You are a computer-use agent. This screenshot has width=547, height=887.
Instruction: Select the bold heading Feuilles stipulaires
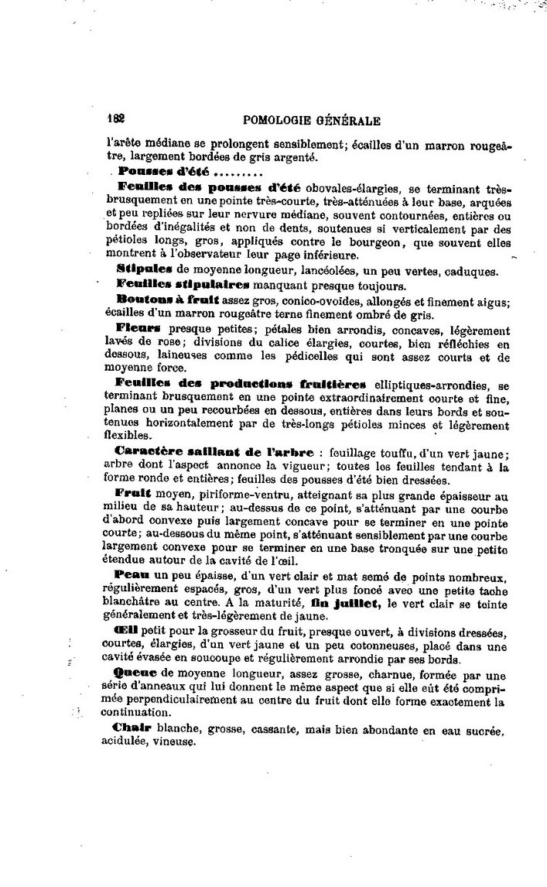[x=183, y=283]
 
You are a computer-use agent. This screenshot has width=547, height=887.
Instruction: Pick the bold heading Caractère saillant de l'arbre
[x=214, y=452]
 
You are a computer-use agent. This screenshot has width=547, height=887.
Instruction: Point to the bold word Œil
[x=126, y=632]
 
